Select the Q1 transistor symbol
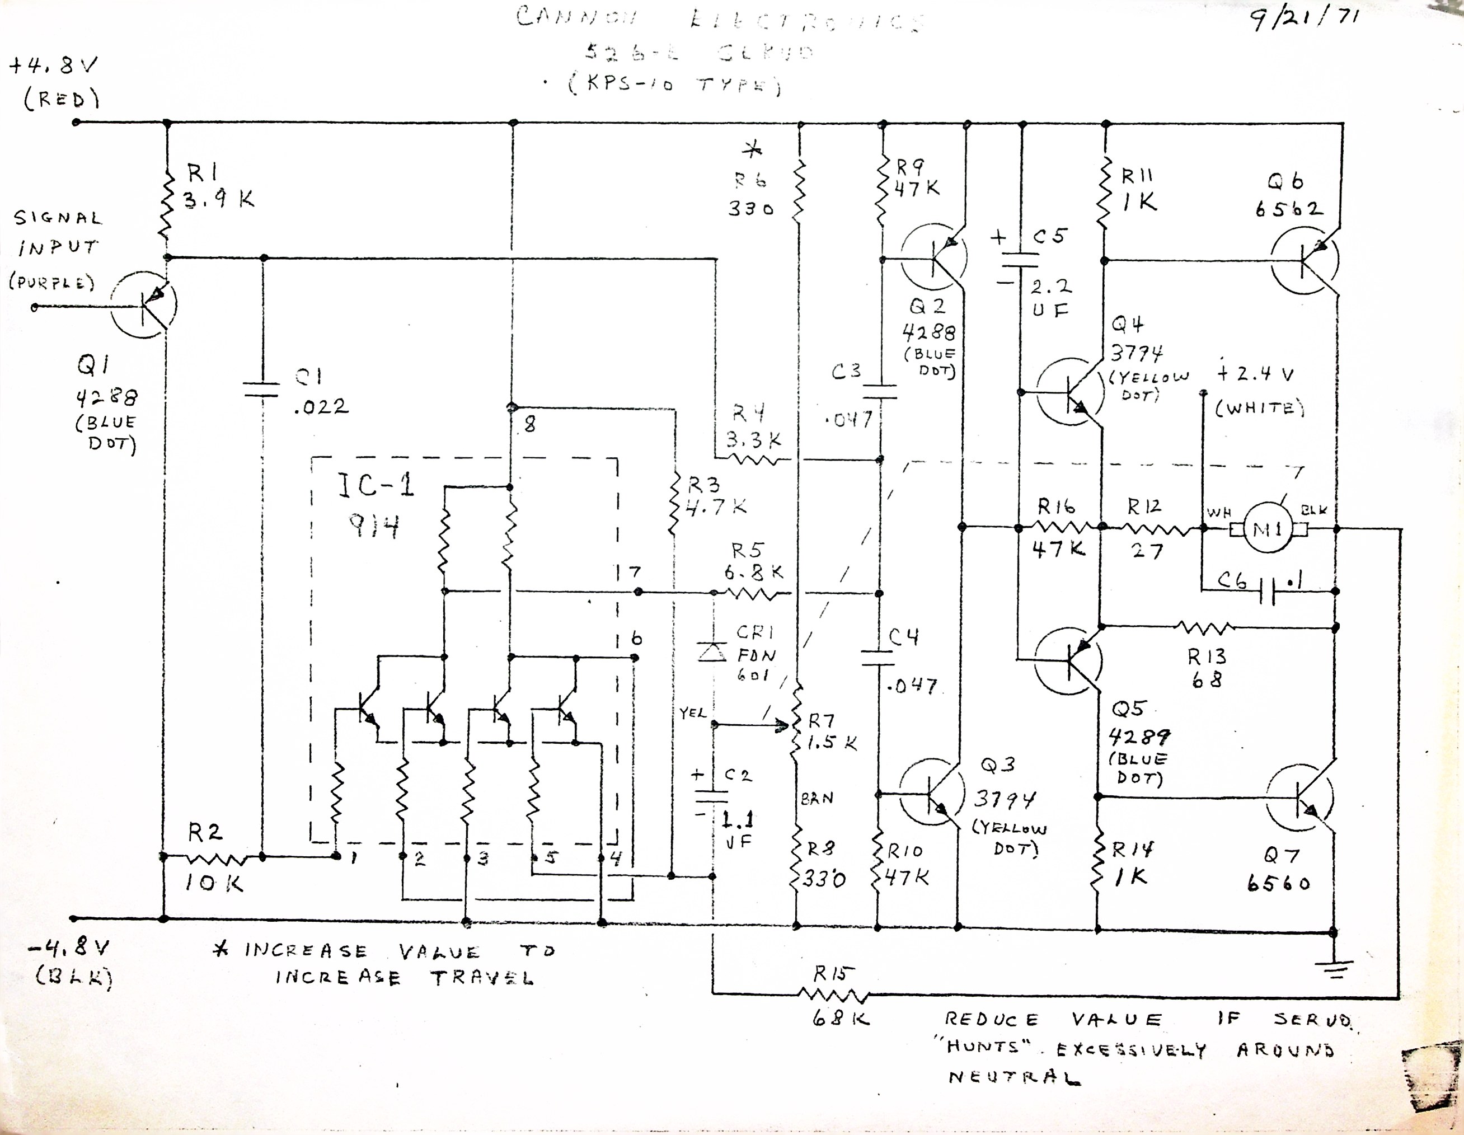(143, 305)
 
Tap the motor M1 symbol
(1268, 529)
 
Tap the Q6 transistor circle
(1304, 261)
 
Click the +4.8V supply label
(54, 67)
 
